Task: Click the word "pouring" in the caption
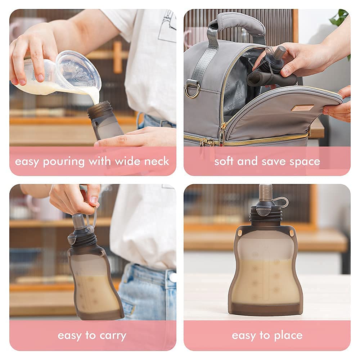pyautogui.click(x=64, y=162)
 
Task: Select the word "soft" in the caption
pyautogui.click(x=224, y=161)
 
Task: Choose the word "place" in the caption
pyautogui.click(x=288, y=336)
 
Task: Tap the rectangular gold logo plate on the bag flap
pyautogui.click(x=302, y=107)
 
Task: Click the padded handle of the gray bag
pyautogui.click(x=237, y=25)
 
